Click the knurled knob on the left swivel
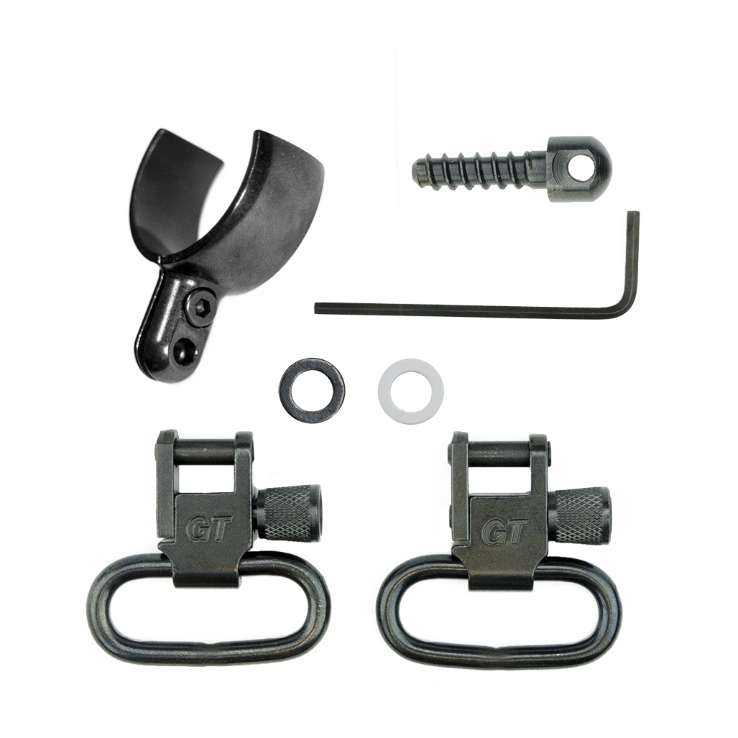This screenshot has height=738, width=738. pos(288,515)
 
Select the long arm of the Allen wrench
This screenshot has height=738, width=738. pos(466,310)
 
